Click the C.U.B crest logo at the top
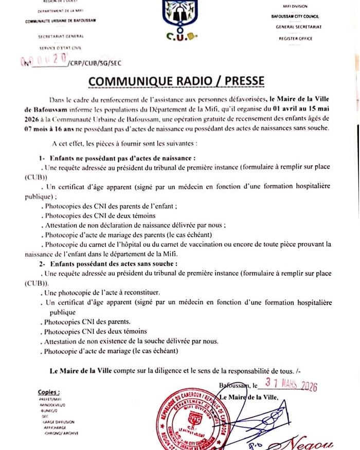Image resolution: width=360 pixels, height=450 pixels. coord(179,19)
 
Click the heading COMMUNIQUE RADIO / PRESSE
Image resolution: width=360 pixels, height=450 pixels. coord(176,81)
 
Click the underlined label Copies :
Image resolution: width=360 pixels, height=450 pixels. coord(49,391)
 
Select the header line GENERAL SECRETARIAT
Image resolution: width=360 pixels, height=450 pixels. coord(298,27)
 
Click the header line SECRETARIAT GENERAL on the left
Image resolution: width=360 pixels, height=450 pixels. coord(61,37)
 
